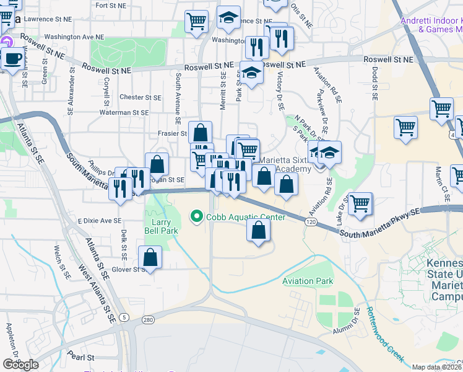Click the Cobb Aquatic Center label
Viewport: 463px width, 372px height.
(246, 217)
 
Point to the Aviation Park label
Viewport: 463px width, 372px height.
(308, 281)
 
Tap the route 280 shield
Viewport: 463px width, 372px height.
(147, 320)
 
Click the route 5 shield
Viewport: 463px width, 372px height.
(125, 317)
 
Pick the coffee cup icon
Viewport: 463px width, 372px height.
(13, 59)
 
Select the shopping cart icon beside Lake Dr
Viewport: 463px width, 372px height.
(360, 203)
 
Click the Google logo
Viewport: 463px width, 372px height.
(20, 365)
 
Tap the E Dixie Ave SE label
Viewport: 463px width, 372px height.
(100, 221)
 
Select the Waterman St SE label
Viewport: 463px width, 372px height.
(124, 113)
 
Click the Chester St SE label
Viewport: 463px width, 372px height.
(140, 97)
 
